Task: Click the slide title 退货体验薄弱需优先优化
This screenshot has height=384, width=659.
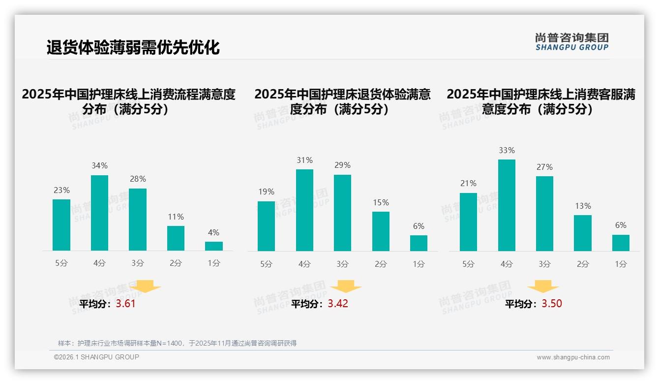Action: [133, 47]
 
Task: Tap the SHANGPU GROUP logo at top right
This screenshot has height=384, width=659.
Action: [571, 42]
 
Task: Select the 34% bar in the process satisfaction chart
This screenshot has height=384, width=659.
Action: [100, 213]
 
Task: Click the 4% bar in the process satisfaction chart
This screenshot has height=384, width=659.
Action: [214, 246]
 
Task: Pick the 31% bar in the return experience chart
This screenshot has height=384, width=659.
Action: [304, 210]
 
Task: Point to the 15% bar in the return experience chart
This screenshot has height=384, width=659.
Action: [381, 231]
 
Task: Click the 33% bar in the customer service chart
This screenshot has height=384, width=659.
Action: [507, 205]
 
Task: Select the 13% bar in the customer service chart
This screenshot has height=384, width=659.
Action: [583, 232]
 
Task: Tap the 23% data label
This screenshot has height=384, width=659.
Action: [61, 190]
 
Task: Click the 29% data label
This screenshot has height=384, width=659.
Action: [342, 165]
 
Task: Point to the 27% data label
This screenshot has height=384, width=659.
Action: [544, 167]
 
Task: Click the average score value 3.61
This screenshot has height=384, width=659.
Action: [125, 304]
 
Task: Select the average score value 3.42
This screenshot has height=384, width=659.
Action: [338, 304]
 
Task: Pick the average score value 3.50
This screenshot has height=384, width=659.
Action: [552, 304]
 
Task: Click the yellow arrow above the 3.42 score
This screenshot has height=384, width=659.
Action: [346, 287]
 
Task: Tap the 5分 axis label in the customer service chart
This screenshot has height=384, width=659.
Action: [468, 264]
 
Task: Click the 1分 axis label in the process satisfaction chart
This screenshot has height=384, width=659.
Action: [214, 263]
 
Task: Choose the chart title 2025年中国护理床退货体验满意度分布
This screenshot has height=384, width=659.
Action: [342, 101]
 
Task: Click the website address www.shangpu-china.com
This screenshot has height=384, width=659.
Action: [573, 357]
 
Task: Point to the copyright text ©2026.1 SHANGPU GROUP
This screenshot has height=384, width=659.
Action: [96, 357]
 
